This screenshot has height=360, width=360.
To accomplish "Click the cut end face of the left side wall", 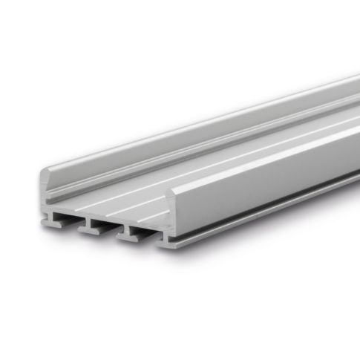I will point(42,189).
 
